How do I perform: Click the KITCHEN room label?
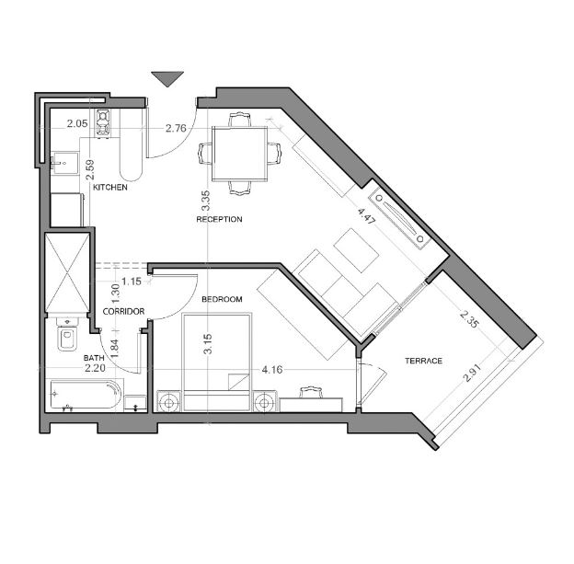109,187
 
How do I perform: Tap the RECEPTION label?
219,219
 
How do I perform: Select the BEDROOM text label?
222,299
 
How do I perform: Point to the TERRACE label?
423,361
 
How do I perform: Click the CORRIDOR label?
123,311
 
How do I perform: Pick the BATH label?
94,358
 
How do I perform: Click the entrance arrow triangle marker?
167,79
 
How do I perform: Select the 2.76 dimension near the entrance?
176,128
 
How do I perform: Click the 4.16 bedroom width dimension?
272,370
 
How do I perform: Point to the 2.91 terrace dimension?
472,373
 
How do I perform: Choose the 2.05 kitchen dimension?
77,123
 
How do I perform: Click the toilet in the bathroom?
67,335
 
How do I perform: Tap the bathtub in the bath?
86,395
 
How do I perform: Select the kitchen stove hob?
103,122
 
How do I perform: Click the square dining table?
239,154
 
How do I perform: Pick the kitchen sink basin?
64,164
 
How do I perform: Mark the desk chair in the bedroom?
311,392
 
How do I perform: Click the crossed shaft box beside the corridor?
67,272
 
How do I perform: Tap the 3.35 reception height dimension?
206,201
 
